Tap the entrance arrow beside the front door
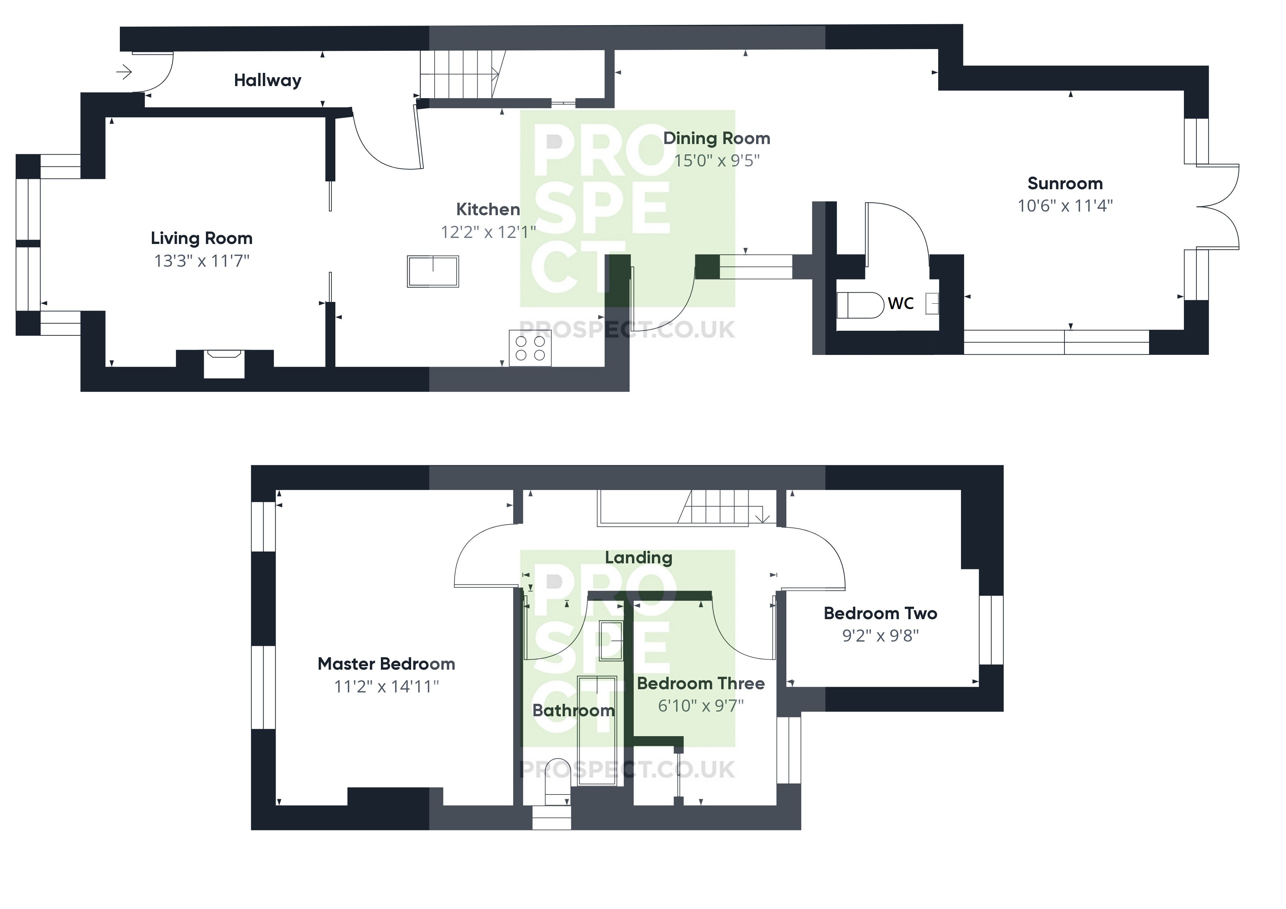tap(124, 72)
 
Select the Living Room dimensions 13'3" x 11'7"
tap(202, 261)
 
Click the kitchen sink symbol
tap(432, 272)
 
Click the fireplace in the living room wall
tap(224, 363)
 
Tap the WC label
tap(900, 304)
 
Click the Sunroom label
tap(1065, 184)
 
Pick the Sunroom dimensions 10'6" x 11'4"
tap(1065, 206)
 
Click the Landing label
tap(638, 558)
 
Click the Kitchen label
tap(488, 209)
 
